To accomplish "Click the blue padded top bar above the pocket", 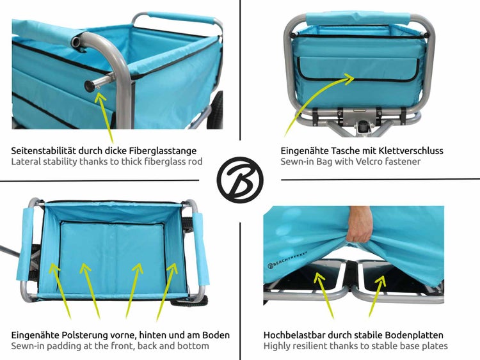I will click(x=358, y=19).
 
